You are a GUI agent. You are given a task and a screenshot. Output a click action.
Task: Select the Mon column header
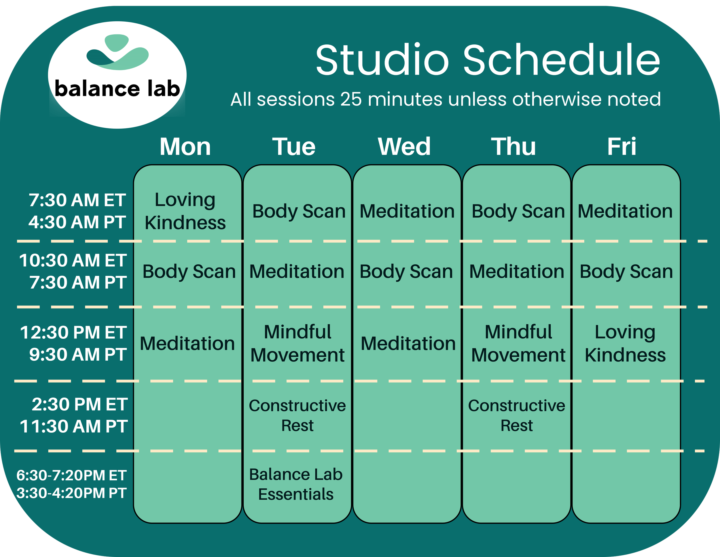185,146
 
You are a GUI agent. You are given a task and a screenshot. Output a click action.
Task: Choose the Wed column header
404,146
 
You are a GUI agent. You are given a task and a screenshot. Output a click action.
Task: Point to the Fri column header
622,146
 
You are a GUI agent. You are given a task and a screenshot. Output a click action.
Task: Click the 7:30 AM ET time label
77,200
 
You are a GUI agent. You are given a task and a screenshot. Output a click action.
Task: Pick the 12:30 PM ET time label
73,332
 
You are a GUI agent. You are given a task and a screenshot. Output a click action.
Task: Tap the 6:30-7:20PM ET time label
71,475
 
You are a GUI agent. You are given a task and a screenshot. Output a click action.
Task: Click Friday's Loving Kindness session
625,343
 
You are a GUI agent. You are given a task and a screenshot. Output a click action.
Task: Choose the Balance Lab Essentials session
296,484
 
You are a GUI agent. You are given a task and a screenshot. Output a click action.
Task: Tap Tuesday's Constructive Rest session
298,415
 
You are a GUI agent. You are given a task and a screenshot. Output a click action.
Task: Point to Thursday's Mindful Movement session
518,343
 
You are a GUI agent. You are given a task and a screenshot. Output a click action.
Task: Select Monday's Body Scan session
189,272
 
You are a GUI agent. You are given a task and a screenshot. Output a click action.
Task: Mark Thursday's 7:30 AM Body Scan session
518,211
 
